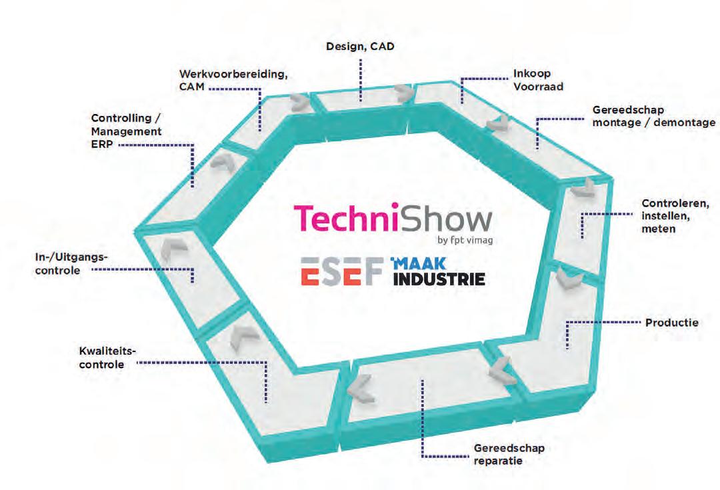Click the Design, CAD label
point(360,47)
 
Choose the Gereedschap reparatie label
point(509,455)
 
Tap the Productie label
point(671,323)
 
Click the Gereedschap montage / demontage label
point(653,116)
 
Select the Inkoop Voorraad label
point(531,81)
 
